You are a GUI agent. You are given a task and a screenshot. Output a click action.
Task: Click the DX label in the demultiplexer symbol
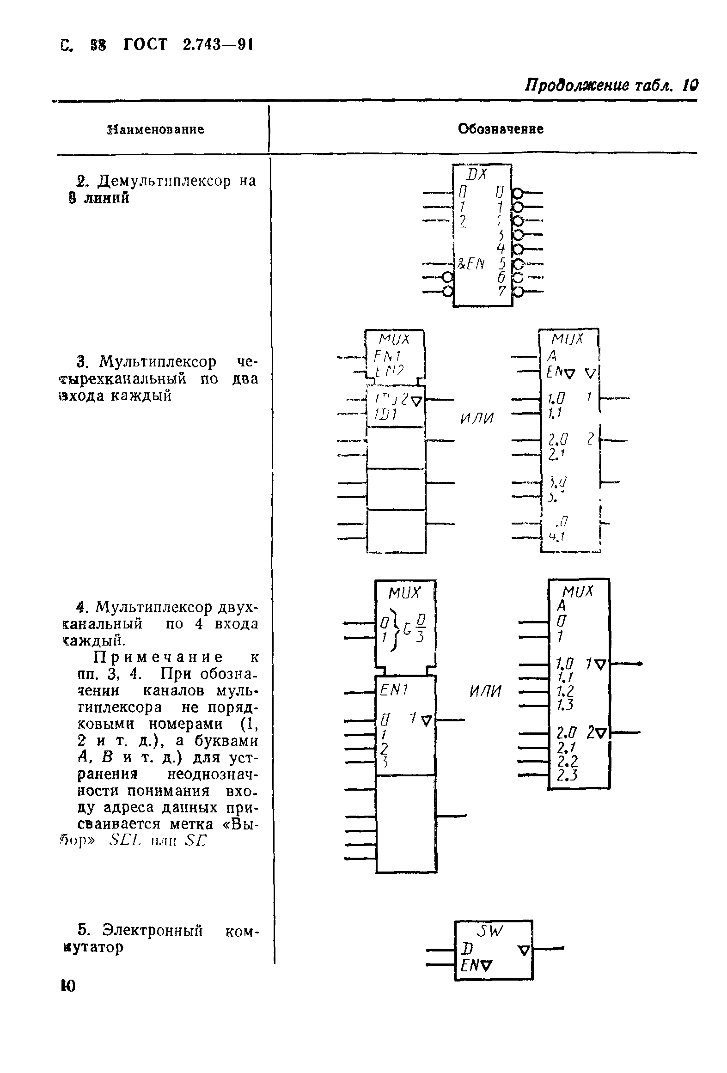(x=477, y=174)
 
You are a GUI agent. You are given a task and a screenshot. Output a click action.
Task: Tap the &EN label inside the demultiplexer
(x=470, y=264)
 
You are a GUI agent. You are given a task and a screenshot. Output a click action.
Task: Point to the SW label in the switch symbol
(x=489, y=932)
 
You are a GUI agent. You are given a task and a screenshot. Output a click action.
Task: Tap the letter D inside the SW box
(x=466, y=950)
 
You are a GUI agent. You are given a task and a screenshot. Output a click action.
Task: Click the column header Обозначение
(x=501, y=129)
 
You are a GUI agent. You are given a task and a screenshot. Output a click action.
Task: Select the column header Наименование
(x=155, y=129)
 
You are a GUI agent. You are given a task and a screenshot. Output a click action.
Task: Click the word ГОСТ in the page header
(x=145, y=45)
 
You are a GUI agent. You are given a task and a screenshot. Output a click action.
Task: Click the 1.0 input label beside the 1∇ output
(x=565, y=665)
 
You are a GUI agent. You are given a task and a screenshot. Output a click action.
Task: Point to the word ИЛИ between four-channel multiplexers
(x=477, y=419)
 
